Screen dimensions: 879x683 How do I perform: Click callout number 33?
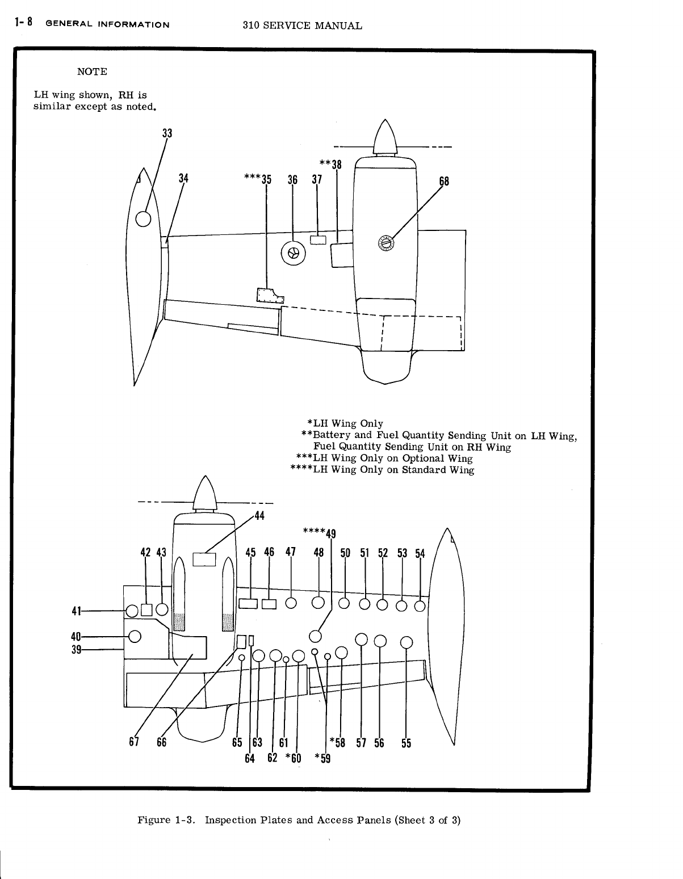click(x=167, y=134)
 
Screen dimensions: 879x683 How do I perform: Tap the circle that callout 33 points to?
click(x=143, y=218)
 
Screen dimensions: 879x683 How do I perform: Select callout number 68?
click(x=444, y=182)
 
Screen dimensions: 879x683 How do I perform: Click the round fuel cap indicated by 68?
click(x=386, y=243)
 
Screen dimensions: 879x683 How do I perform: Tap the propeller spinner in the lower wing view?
click(x=204, y=493)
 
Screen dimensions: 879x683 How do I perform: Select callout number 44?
click(x=259, y=516)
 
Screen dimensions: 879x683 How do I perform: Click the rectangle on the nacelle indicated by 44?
click(x=204, y=560)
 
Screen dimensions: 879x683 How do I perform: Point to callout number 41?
click(x=74, y=611)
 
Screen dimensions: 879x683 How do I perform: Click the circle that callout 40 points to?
click(x=135, y=636)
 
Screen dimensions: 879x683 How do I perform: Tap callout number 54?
click(x=420, y=553)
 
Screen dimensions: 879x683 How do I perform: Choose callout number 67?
click(x=134, y=742)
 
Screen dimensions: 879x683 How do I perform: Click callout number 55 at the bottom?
click(x=406, y=743)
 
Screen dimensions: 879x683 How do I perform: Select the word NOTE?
click(x=91, y=72)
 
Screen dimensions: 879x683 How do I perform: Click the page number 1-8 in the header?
click(x=24, y=23)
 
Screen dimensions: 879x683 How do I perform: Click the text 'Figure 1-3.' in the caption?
click(x=168, y=820)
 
